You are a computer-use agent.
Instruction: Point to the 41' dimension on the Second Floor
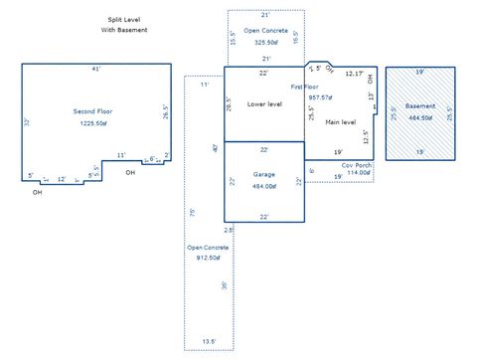pos(95,69)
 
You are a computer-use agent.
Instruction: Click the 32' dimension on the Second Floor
pos(27,121)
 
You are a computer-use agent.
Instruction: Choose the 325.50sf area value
pos(265,43)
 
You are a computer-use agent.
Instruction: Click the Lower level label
pos(264,103)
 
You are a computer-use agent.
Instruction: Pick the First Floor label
pos(304,89)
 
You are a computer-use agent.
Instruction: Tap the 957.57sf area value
pos(320,97)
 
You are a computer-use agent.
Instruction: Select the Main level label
pos(341,122)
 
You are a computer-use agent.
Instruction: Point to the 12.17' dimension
pos(354,74)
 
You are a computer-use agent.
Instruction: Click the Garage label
pos(264,174)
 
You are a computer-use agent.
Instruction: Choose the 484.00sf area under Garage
pos(264,186)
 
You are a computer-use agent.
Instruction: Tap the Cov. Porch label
pos(356,164)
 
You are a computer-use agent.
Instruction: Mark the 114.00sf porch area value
pos(358,172)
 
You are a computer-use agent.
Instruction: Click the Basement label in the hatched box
pos(420,104)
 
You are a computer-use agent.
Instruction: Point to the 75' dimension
pos(193,212)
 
